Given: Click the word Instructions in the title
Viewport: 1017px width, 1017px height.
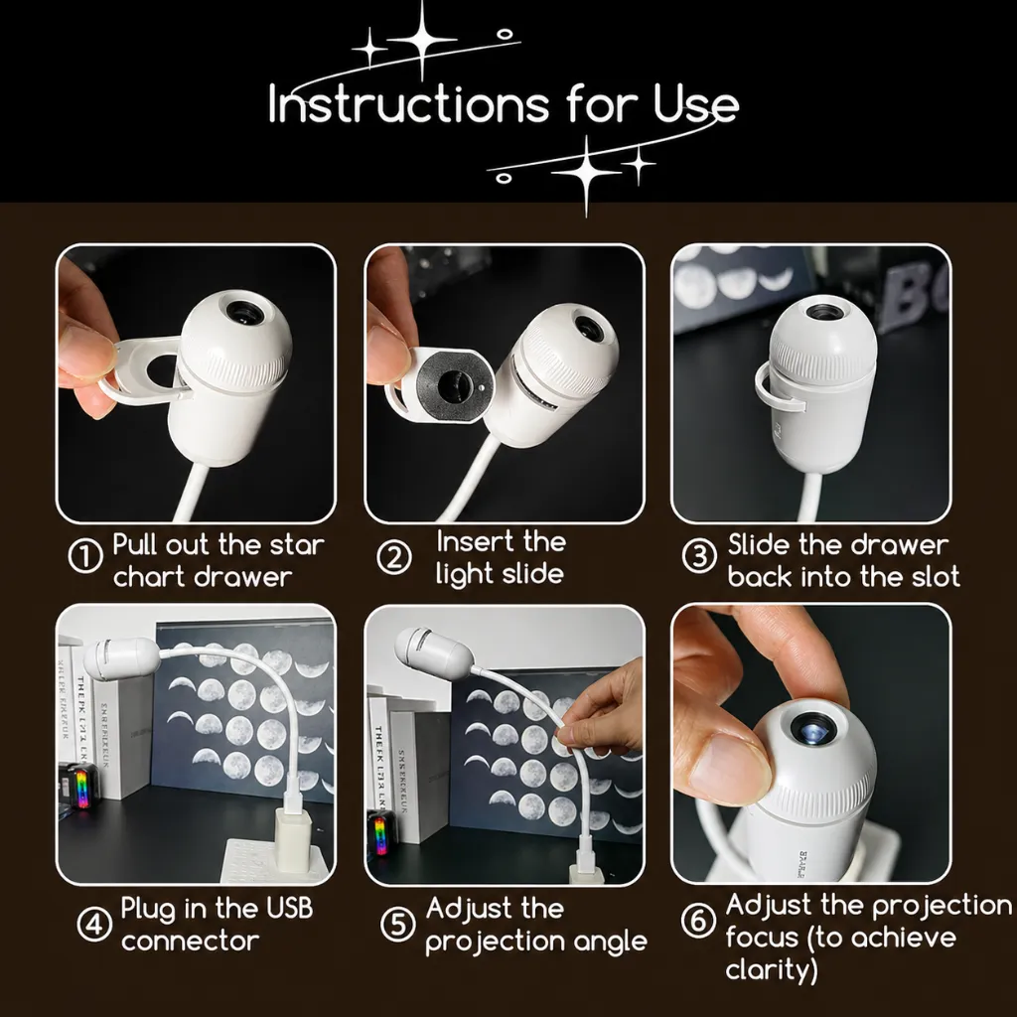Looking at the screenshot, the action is [408, 103].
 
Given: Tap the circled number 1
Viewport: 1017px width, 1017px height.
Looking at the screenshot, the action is [85, 556].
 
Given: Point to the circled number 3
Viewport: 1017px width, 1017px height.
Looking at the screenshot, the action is [700, 555].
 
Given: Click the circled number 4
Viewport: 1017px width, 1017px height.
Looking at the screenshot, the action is [94, 924].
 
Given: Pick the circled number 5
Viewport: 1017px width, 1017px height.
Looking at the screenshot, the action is [397, 924].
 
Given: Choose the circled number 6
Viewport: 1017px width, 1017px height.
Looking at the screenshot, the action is [698, 921].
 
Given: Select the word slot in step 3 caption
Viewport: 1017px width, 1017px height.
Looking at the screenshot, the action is [936, 577].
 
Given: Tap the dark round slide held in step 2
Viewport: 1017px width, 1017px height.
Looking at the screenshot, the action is [452, 386].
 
